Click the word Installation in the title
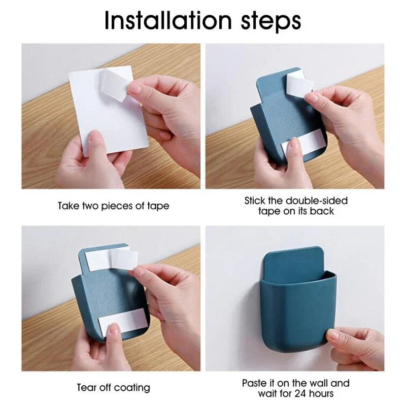[x=168, y=20]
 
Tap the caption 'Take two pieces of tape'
[x=113, y=206]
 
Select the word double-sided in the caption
[x=317, y=200]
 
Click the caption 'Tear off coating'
[x=113, y=388]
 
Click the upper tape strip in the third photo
[x=111, y=258]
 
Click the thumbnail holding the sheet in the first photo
[x=93, y=136]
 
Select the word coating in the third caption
[x=132, y=388]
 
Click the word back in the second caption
[x=322, y=211]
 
